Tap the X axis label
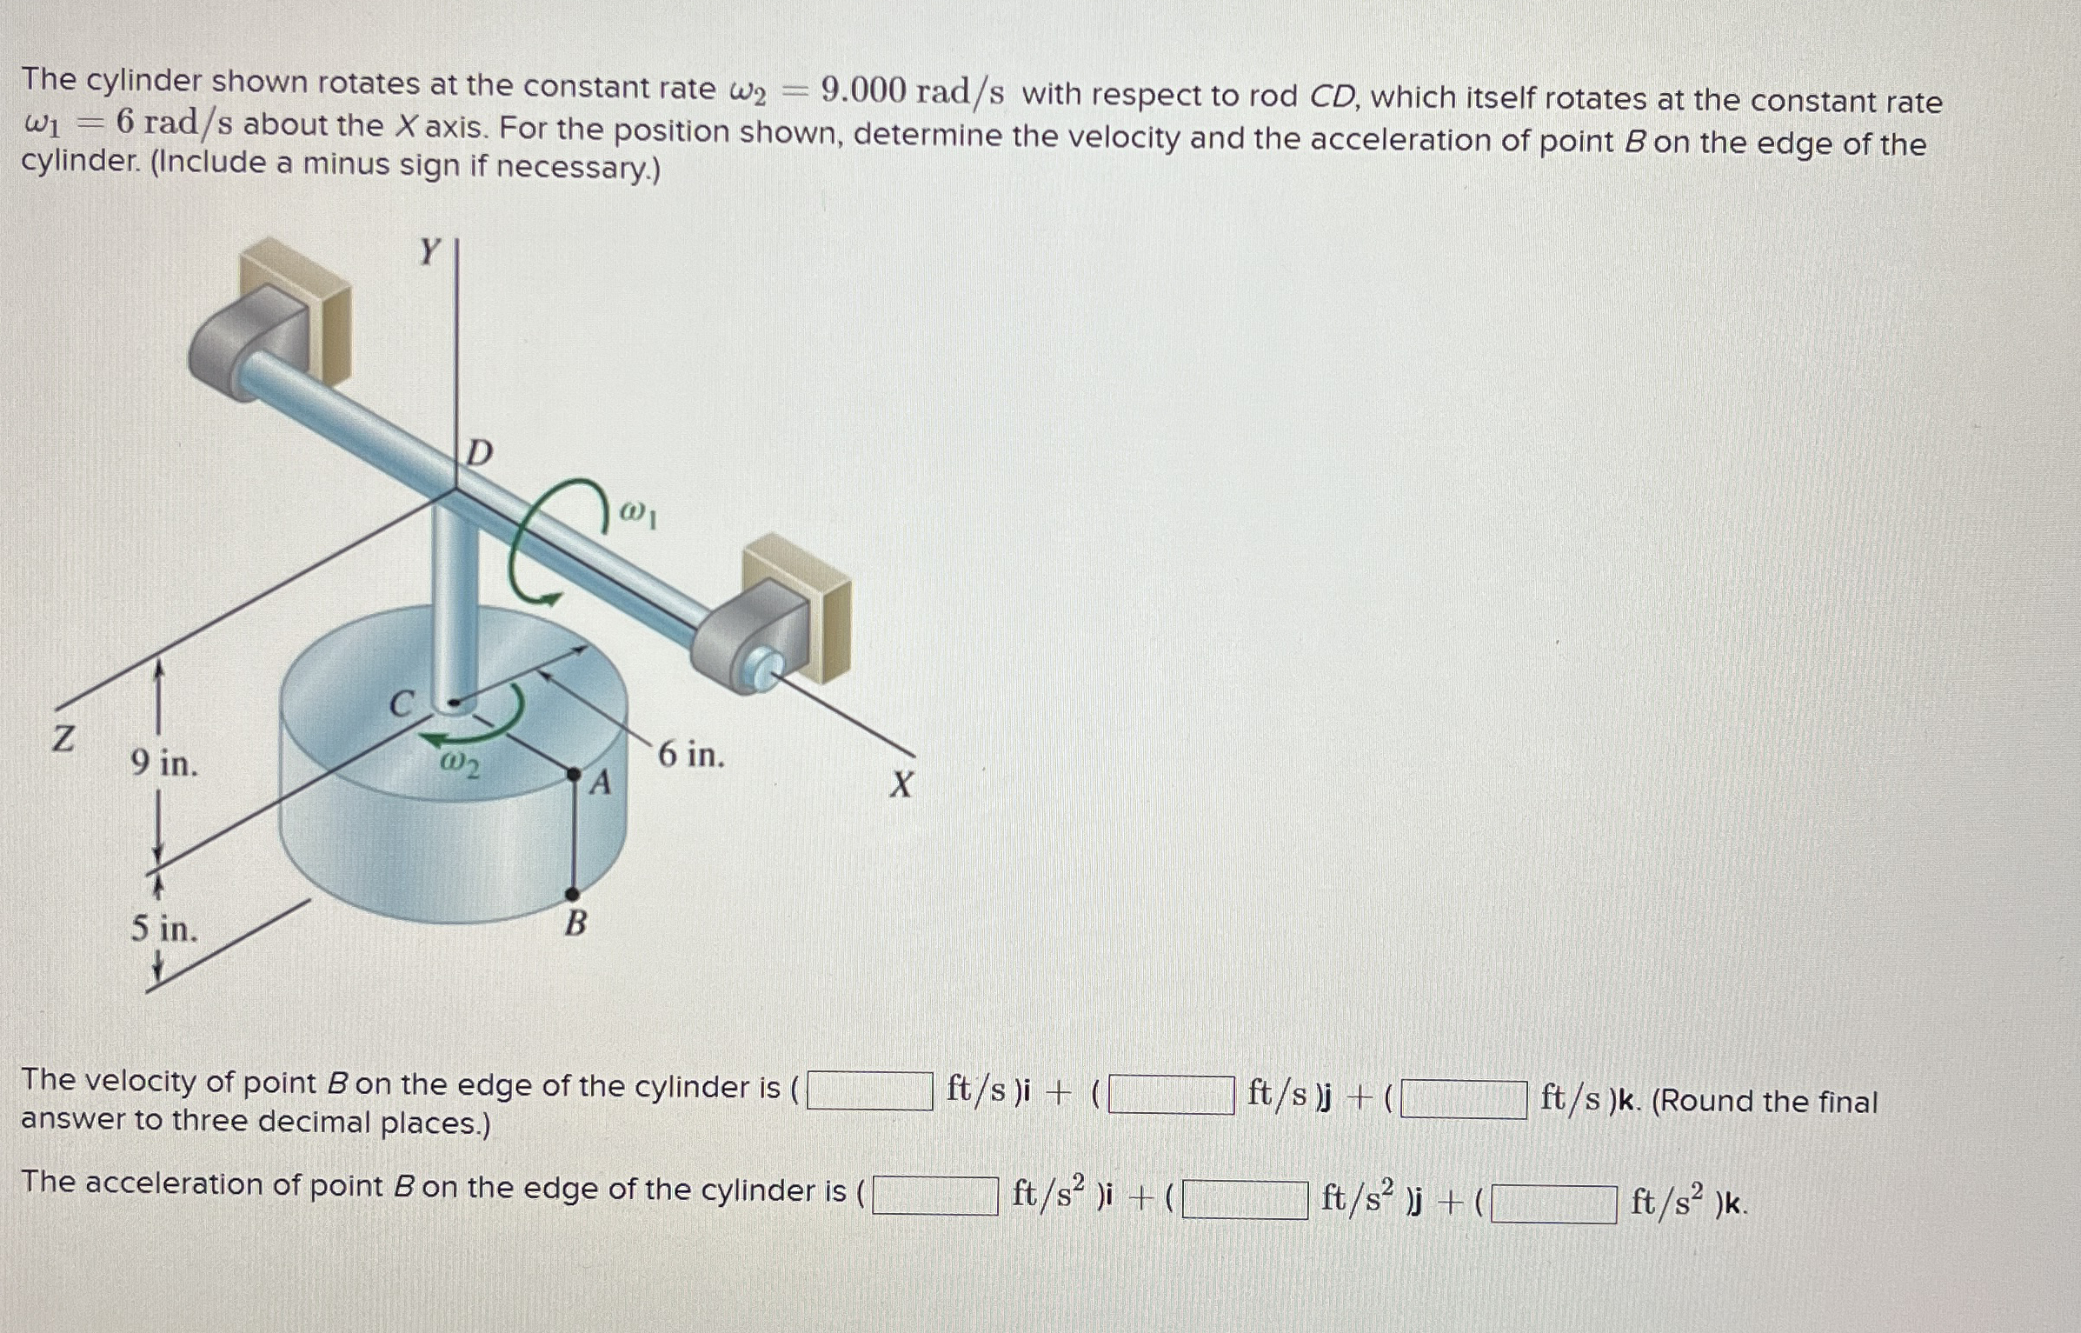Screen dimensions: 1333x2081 click(x=901, y=784)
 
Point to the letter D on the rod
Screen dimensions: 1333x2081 click(x=479, y=453)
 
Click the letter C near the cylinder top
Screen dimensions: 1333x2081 click(x=402, y=703)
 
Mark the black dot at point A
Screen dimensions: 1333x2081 click(x=574, y=773)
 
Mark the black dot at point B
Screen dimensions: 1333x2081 click(x=572, y=894)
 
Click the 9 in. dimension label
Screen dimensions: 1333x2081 click(x=164, y=763)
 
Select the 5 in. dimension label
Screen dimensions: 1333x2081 click(x=164, y=929)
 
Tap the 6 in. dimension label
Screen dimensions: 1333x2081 click(x=691, y=755)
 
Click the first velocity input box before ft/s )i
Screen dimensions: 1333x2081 click(x=869, y=1091)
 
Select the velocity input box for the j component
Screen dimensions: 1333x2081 click(x=1171, y=1096)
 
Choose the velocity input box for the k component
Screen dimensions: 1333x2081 click(x=1463, y=1099)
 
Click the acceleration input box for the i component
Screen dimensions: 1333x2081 click(x=934, y=1195)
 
